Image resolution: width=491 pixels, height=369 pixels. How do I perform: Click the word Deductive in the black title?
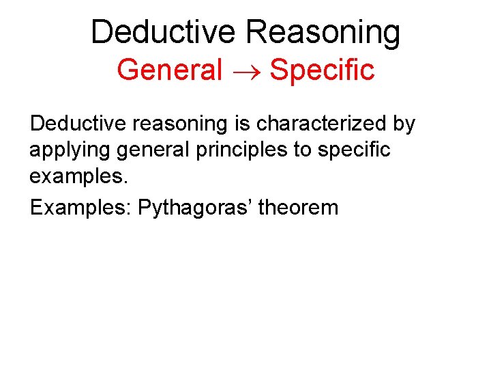point(164,32)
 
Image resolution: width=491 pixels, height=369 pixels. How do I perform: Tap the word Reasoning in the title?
point(324,32)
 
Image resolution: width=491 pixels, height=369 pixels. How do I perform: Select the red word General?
point(170,70)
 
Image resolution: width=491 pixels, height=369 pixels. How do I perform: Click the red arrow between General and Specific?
point(246,70)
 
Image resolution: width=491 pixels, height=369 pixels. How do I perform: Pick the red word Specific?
point(322,70)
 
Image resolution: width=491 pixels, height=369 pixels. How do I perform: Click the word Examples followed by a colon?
point(80,207)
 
